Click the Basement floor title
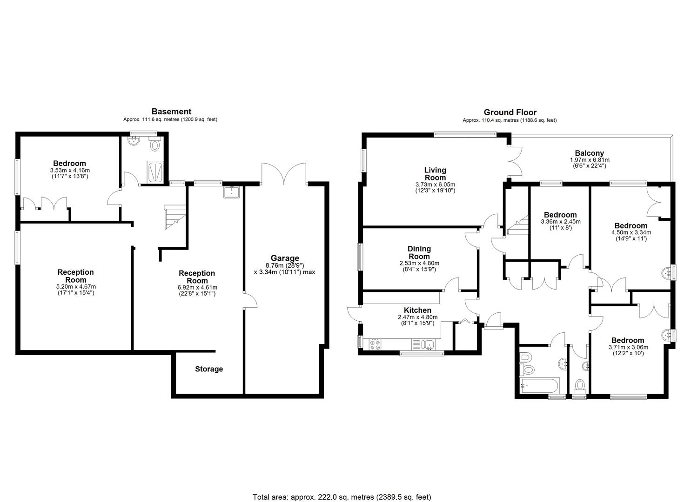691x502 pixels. tap(171, 112)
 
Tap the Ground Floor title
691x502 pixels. tap(510, 112)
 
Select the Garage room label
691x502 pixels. tap(285, 258)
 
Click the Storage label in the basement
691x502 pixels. tap(209, 369)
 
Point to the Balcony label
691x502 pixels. tap(589, 153)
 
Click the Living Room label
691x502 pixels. tap(435, 174)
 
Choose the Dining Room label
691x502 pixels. tap(419, 253)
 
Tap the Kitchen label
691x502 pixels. tap(417, 310)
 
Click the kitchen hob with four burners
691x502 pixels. tap(375, 345)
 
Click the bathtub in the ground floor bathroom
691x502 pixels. tap(539, 385)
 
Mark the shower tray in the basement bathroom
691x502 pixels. tap(155, 171)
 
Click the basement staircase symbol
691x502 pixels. tap(174, 218)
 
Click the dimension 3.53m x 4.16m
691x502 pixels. tap(70, 170)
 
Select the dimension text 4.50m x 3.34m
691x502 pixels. tap(631, 232)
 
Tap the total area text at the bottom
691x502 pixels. tap(345, 497)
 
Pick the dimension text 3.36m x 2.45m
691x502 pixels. tap(561, 222)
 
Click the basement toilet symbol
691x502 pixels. tap(155, 145)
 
